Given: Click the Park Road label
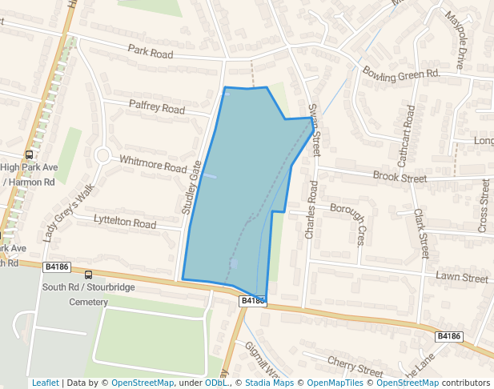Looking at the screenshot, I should (x=151, y=53).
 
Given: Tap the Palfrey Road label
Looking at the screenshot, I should (x=157, y=107).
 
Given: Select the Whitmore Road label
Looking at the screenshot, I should (x=152, y=163).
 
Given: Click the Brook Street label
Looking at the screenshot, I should (x=400, y=177).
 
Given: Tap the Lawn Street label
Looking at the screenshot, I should (x=461, y=279).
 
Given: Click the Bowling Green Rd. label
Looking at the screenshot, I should (x=402, y=73).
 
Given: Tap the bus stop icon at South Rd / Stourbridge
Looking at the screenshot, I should (x=87, y=275).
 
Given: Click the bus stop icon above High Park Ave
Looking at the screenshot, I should (x=30, y=154).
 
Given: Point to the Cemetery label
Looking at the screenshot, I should (x=88, y=302).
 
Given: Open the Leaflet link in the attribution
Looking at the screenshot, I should (x=45, y=383).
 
